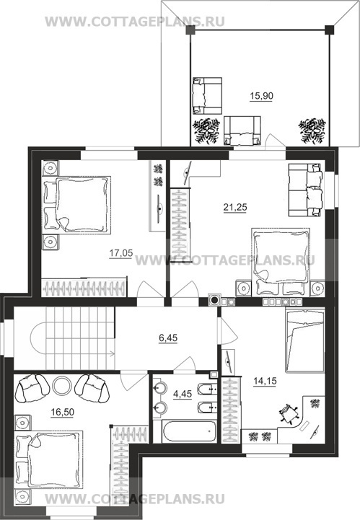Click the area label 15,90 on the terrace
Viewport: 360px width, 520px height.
[261, 96]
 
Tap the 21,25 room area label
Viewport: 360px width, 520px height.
[235, 208]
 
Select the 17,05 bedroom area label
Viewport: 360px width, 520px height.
[121, 253]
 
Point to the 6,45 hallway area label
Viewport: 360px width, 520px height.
[168, 338]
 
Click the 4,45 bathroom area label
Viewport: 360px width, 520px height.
[183, 394]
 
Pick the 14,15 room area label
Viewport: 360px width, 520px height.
[265, 382]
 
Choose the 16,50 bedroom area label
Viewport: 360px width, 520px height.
[62, 413]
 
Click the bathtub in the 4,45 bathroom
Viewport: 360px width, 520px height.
[189, 431]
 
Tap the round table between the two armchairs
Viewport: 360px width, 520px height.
[62, 386]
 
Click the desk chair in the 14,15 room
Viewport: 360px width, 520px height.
[289, 414]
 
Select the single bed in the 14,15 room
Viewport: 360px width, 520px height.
[304, 341]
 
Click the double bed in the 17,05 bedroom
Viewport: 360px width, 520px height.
[77, 205]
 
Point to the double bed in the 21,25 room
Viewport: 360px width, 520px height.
[281, 262]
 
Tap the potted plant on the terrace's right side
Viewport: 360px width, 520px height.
[312, 131]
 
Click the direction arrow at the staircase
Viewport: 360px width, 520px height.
[110, 353]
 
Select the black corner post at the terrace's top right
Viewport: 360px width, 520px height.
[329, 30]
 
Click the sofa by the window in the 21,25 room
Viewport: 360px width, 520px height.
[305, 190]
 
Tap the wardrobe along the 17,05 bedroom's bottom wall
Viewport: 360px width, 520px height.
[84, 287]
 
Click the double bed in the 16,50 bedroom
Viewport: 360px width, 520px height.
[48, 459]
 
